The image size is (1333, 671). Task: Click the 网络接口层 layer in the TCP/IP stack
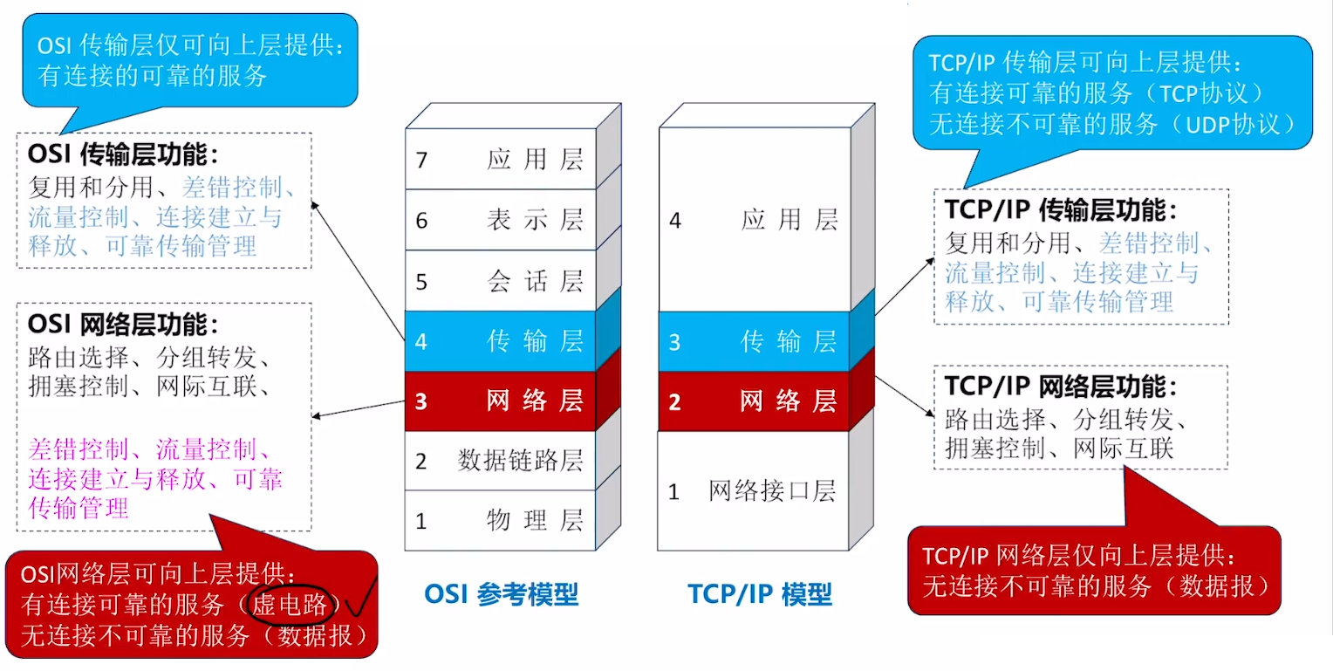(754, 491)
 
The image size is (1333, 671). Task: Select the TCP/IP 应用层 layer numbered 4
(754, 220)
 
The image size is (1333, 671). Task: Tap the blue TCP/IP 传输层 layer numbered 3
(754, 341)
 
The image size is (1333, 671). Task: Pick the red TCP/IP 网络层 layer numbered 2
(754, 401)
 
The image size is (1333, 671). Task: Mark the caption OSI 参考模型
(502, 594)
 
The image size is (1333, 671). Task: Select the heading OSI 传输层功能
(122, 154)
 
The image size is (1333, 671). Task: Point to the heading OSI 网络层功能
(122, 324)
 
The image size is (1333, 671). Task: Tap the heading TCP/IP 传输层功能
(1061, 210)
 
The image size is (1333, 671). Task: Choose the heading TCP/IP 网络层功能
(1061, 386)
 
